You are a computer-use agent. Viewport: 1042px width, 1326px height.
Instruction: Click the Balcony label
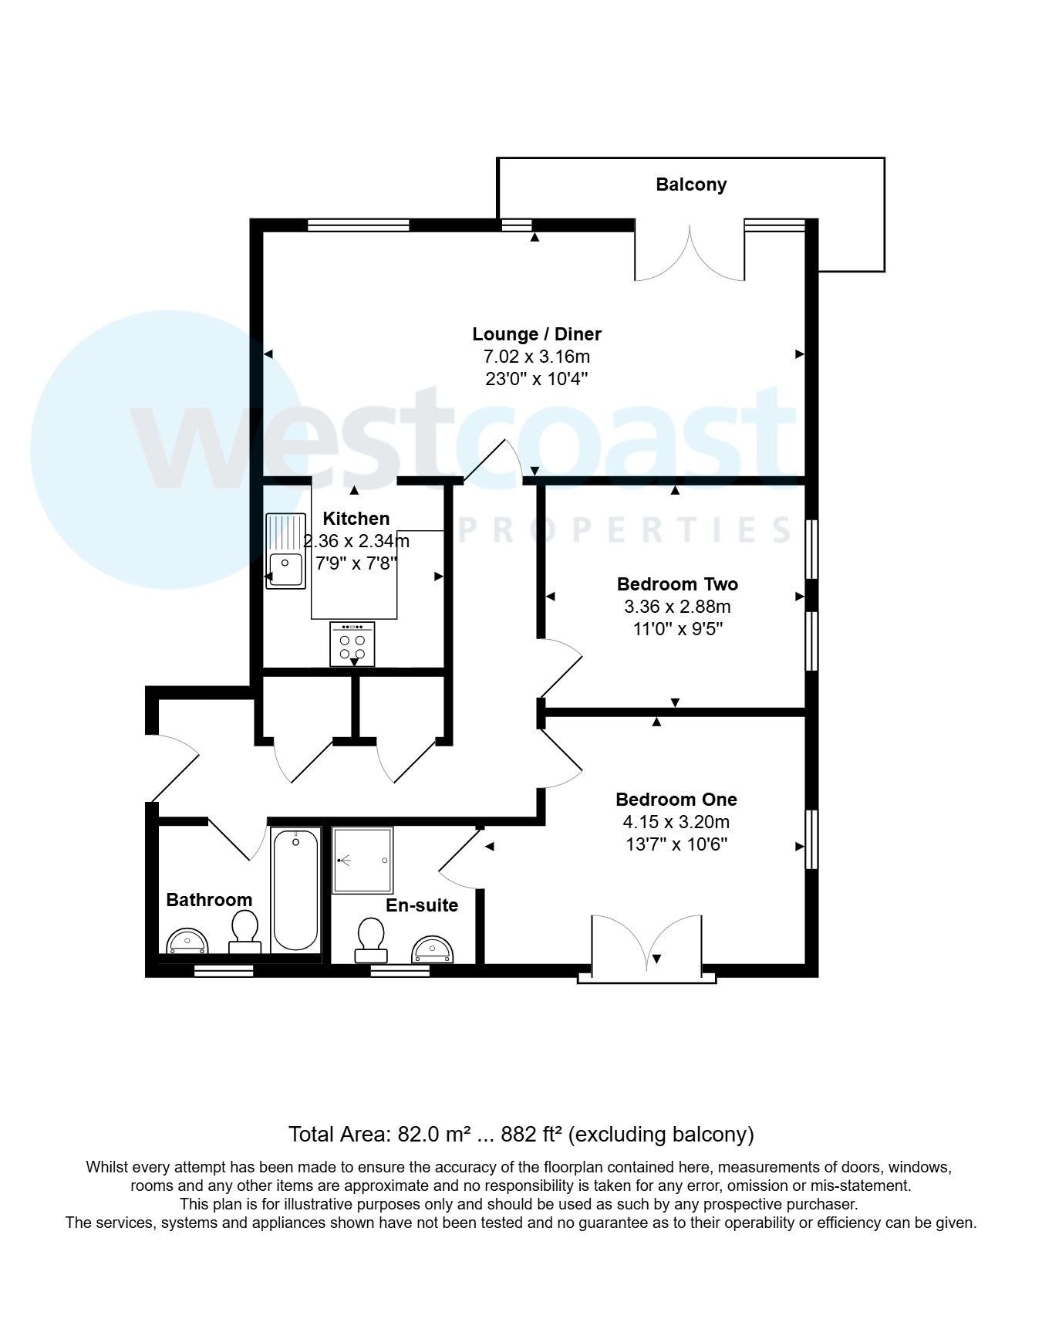(x=691, y=184)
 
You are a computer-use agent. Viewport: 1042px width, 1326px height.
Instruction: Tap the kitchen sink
(x=285, y=551)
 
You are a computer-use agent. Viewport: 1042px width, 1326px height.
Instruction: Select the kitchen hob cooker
(x=352, y=644)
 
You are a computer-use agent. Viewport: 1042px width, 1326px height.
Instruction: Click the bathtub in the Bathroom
(x=295, y=888)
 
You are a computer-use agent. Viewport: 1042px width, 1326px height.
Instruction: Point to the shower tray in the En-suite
(x=363, y=860)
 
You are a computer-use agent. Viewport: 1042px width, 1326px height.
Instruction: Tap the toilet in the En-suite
(x=371, y=939)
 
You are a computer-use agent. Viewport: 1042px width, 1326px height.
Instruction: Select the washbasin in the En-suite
(x=433, y=950)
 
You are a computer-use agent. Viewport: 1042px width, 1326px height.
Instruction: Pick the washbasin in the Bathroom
(x=187, y=942)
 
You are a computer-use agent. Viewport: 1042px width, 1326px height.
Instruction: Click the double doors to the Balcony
(x=690, y=253)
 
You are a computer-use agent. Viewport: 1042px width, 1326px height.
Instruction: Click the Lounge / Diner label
(x=537, y=334)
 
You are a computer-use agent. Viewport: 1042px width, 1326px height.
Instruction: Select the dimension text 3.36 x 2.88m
(x=677, y=607)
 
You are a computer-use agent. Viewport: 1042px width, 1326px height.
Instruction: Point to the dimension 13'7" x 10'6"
(x=676, y=844)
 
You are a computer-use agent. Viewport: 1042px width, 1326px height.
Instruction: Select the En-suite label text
(x=422, y=905)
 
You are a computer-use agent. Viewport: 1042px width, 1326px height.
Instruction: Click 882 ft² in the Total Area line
(x=532, y=1135)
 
